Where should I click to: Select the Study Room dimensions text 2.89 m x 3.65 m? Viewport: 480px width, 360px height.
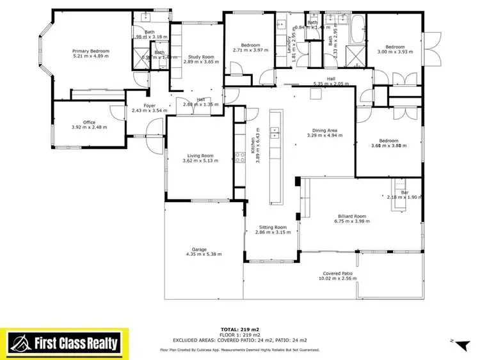202,61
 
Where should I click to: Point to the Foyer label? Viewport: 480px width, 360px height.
149,106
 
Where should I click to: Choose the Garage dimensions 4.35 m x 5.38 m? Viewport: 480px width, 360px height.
202,254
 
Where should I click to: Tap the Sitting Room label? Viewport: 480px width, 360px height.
273,227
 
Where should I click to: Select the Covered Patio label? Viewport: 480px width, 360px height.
337,273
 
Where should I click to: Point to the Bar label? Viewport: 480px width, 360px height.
404,192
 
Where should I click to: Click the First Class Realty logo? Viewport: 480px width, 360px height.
64,342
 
